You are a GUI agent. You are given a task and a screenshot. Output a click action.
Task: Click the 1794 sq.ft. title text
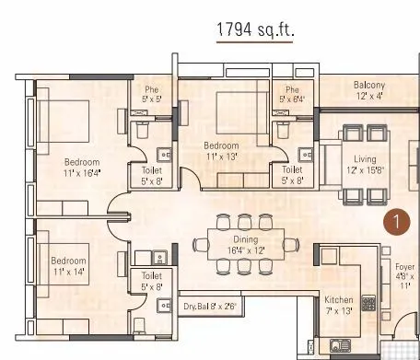pos(254,30)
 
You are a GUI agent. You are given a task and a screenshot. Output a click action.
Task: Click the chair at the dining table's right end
pos(291,244)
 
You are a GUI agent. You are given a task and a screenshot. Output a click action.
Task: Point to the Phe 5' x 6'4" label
pos(293,94)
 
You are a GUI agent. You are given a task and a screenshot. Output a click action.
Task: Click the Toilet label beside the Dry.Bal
pos(152,280)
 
